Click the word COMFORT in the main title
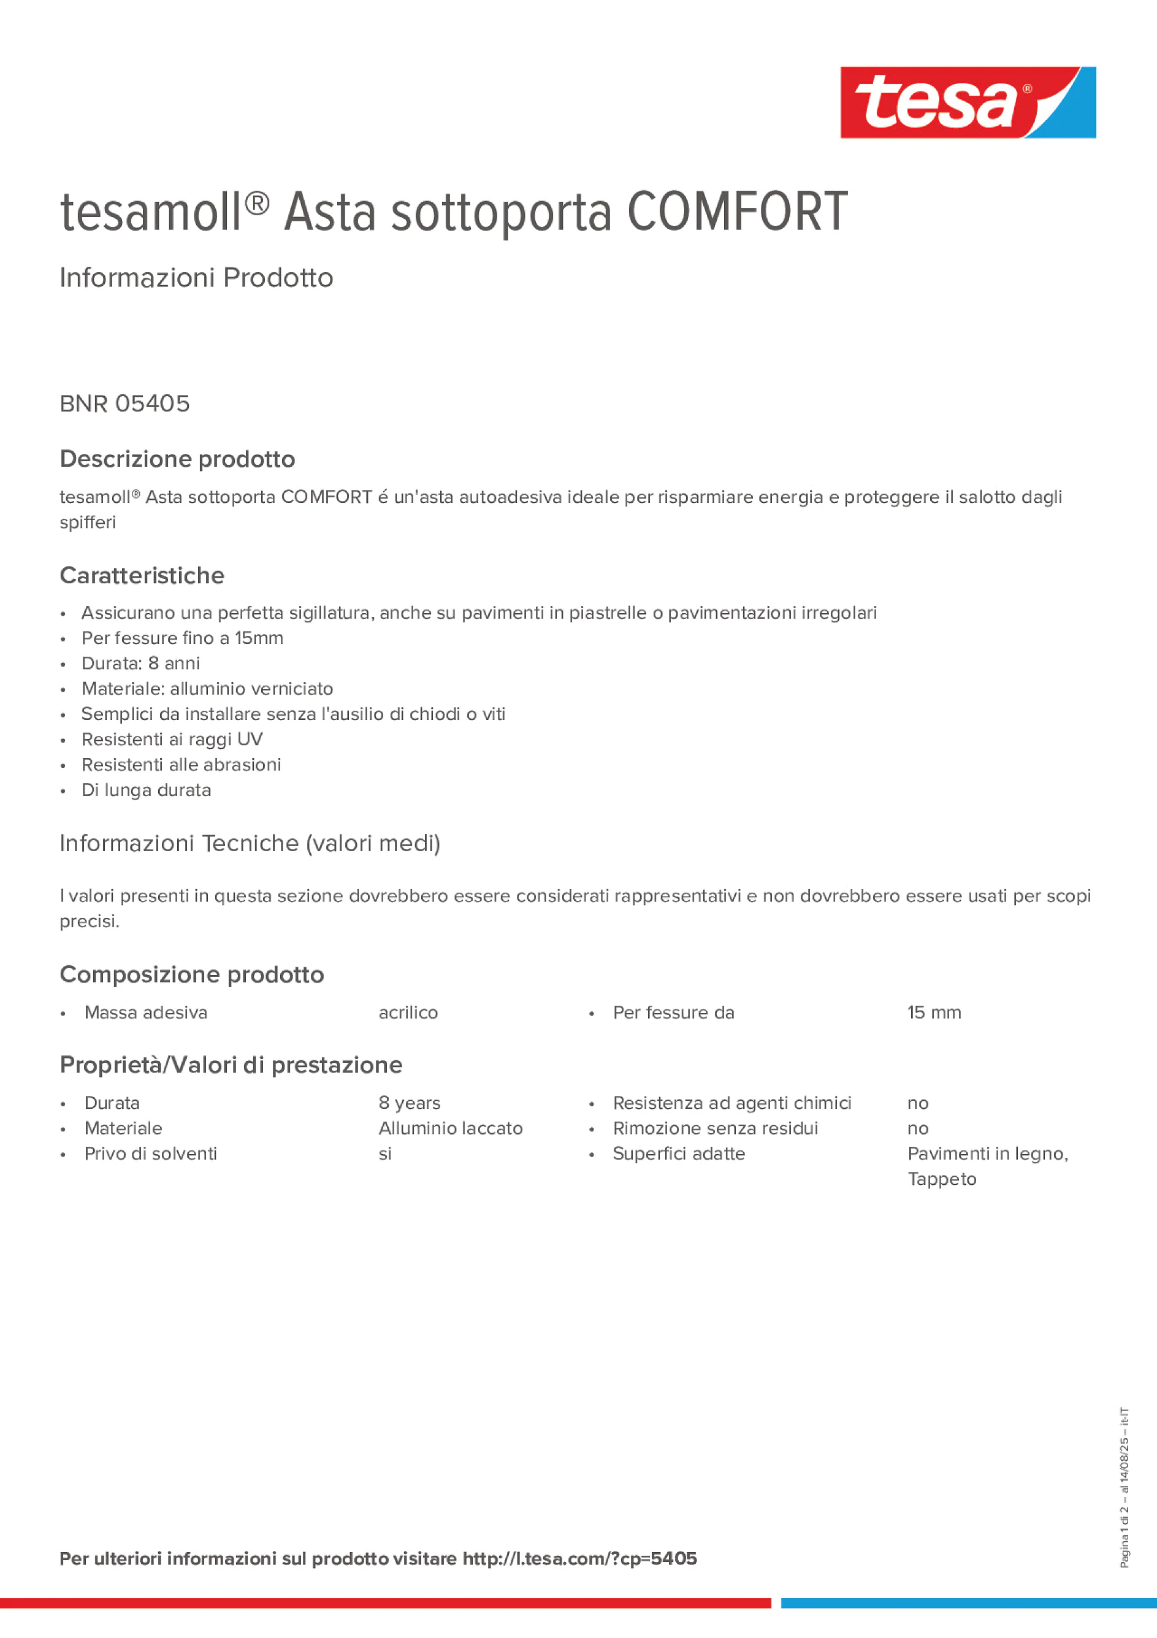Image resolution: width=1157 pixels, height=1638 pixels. tap(737, 212)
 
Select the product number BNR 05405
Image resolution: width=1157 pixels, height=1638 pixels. tap(125, 404)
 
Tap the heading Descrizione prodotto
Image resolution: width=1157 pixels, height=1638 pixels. tap(177, 459)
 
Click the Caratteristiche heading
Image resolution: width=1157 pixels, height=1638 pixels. tap(142, 576)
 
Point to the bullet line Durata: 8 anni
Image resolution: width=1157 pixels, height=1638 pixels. tap(140, 664)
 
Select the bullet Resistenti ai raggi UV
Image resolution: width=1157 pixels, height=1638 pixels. tap(172, 739)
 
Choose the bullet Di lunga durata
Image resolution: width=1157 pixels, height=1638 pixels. tap(146, 790)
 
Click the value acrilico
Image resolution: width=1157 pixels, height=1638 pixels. tap(408, 1012)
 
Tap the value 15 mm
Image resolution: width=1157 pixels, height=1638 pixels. tap(934, 1012)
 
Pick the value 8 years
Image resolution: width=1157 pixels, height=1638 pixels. tap(410, 1103)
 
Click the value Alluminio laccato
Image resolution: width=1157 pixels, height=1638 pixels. tap(450, 1128)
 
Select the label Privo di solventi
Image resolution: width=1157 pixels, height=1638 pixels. tap(150, 1154)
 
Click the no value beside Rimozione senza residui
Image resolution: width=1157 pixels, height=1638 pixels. tap(917, 1128)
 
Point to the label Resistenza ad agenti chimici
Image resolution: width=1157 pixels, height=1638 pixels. tap(732, 1103)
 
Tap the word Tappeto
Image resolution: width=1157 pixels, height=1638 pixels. tap(942, 1179)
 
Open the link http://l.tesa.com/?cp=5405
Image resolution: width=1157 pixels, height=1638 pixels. tap(579, 1558)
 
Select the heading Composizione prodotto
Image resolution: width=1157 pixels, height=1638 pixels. tap(192, 974)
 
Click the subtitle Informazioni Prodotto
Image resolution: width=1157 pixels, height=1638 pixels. tap(196, 278)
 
